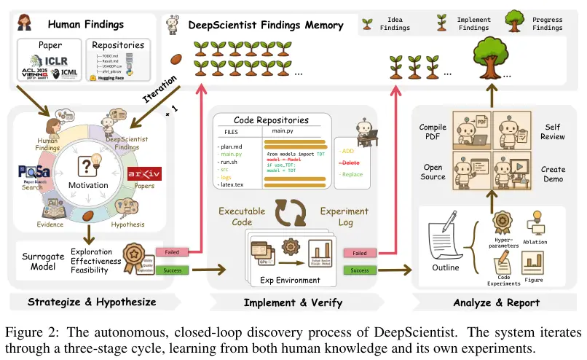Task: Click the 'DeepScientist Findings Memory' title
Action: [266, 25]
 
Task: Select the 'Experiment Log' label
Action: [344, 216]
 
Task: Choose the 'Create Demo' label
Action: [553, 175]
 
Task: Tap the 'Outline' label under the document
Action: [445, 267]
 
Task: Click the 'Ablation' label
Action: [535, 242]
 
